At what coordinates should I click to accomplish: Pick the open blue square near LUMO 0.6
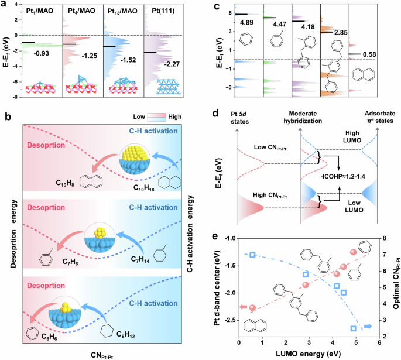[252, 255]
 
